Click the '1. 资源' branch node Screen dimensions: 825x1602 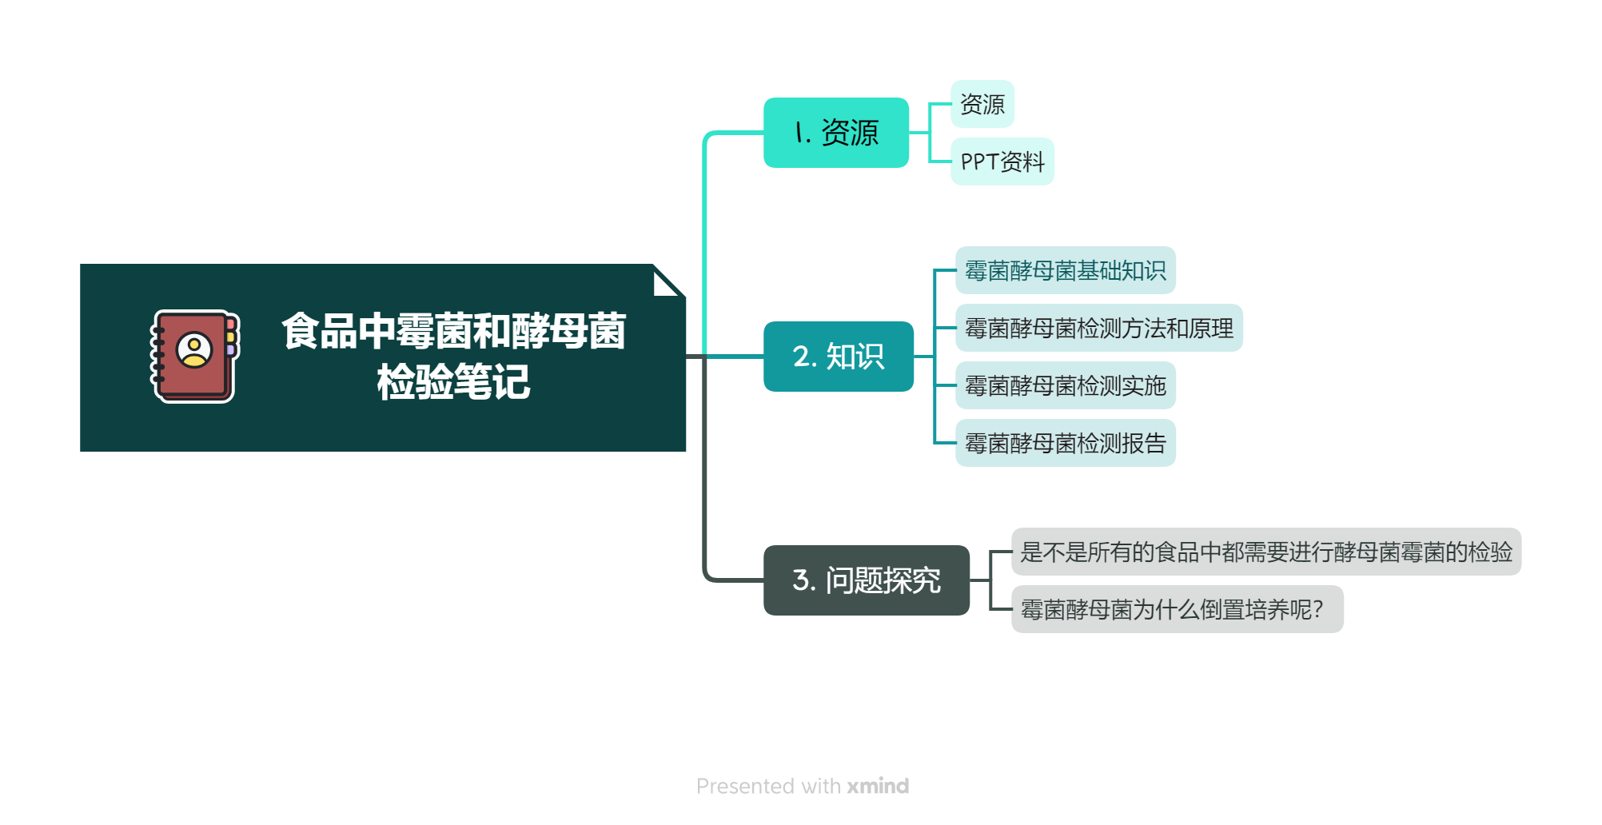(x=836, y=133)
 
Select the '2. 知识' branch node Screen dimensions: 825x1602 (x=839, y=357)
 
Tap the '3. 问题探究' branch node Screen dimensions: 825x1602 (x=867, y=580)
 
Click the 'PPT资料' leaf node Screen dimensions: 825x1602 (x=1002, y=161)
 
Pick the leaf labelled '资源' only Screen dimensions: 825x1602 (x=982, y=104)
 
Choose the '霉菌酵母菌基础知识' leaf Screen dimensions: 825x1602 (x=1065, y=270)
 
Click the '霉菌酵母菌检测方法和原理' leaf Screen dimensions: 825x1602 (x=1098, y=328)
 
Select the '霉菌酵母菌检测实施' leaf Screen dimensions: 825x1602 (x=1065, y=385)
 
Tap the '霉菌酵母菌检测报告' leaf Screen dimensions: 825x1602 (x=1065, y=443)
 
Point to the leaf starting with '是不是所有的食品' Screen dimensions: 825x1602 (x=1266, y=552)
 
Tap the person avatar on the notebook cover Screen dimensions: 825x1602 (x=194, y=349)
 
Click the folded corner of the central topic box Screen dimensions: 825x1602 (x=667, y=281)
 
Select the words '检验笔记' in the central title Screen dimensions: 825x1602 (x=453, y=382)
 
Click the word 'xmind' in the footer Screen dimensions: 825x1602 (x=878, y=786)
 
